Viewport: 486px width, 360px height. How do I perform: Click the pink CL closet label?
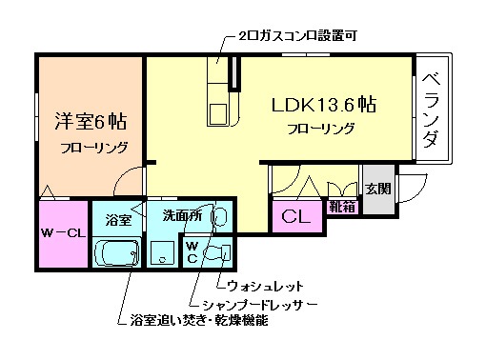(x=295, y=217)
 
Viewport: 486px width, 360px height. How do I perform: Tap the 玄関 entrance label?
(x=376, y=188)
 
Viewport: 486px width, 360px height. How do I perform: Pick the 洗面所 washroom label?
(x=182, y=216)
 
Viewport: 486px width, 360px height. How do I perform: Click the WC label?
(x=192, y=250)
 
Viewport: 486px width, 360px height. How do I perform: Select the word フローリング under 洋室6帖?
(x=92, y=148)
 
